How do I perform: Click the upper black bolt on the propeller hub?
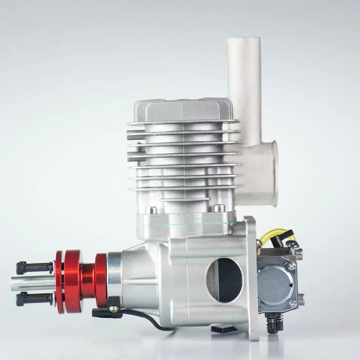pyautogui.click(x=34, y=267)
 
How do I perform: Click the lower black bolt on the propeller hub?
pyautogui.click(x=34, y=299)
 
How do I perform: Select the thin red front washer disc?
pyautogui.click(x=59, y=282)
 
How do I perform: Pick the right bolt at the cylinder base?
pyautogui.click(x=219, y=208)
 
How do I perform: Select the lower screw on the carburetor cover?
pyautogui.click(x=292, y=304)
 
